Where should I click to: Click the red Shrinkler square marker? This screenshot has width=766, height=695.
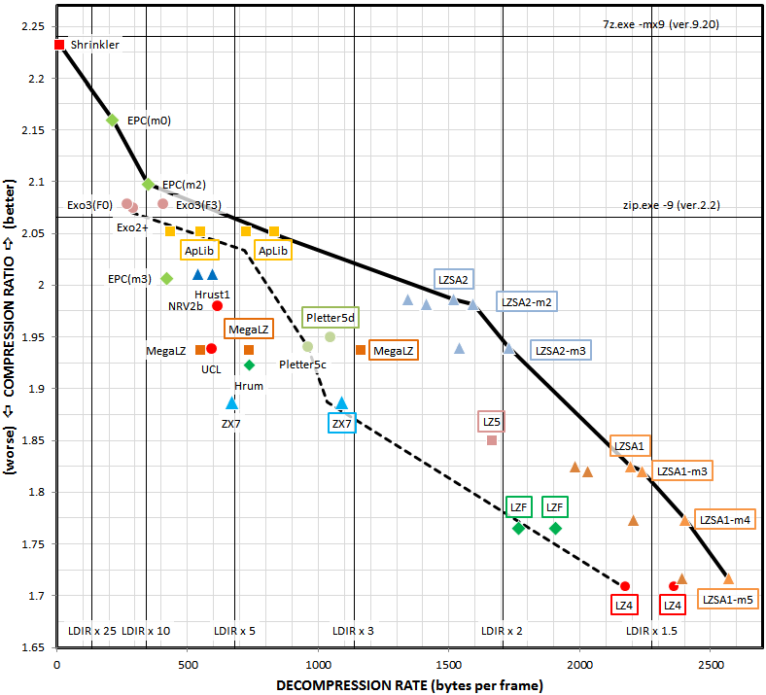(x=59, y=45)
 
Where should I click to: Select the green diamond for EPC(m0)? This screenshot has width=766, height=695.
(x=112, y=120)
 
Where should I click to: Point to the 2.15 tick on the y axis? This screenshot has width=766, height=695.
(x=34, y=130)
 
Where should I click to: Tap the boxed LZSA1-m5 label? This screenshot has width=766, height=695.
(x=727, y=600)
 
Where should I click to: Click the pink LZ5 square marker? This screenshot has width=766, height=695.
(x=492, y=440)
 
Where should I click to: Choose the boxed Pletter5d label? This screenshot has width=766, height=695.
(x=331, y=318)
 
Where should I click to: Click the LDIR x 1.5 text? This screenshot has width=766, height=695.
(x=652, y=631)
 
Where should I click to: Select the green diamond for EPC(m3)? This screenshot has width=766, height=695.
(x=166, y=279)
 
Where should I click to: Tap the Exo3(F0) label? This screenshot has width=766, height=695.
(x=89, y=206)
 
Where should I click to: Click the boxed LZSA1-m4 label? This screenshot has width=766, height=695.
(x=725, y=520)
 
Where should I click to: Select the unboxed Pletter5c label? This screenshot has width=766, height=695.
(x=302, y=365)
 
